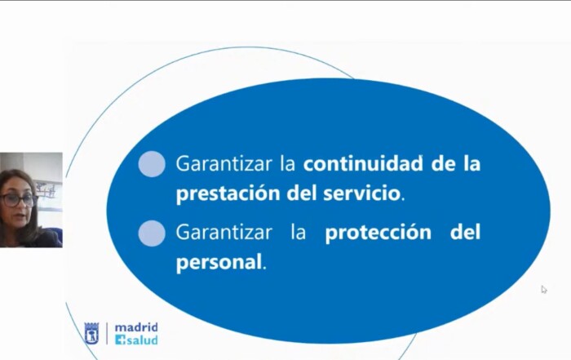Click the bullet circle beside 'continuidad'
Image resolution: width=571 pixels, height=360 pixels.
152,164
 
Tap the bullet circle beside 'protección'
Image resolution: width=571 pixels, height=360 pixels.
152,233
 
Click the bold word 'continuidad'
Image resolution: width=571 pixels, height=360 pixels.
363,163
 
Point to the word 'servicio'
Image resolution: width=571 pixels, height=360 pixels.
361,193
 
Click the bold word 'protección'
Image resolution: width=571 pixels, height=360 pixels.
378,233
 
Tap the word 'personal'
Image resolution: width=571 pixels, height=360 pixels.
219,261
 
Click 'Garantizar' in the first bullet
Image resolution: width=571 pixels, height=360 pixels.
224,163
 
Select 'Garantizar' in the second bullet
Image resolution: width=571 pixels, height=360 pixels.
224,232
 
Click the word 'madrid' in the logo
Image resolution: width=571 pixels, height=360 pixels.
136,327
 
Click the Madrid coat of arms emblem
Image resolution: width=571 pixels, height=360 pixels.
91,333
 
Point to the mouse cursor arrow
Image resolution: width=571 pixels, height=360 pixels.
544,289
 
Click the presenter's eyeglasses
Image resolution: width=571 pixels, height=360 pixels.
17,200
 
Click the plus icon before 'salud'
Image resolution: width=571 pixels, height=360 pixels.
120,340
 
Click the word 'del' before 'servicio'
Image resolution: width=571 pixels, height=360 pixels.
301,193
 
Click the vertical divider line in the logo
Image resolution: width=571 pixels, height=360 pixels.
107,333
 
